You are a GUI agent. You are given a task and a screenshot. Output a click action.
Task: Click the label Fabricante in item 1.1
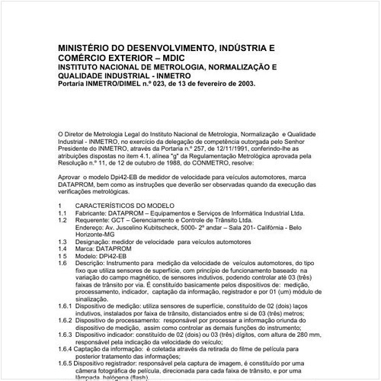[92, 214]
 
